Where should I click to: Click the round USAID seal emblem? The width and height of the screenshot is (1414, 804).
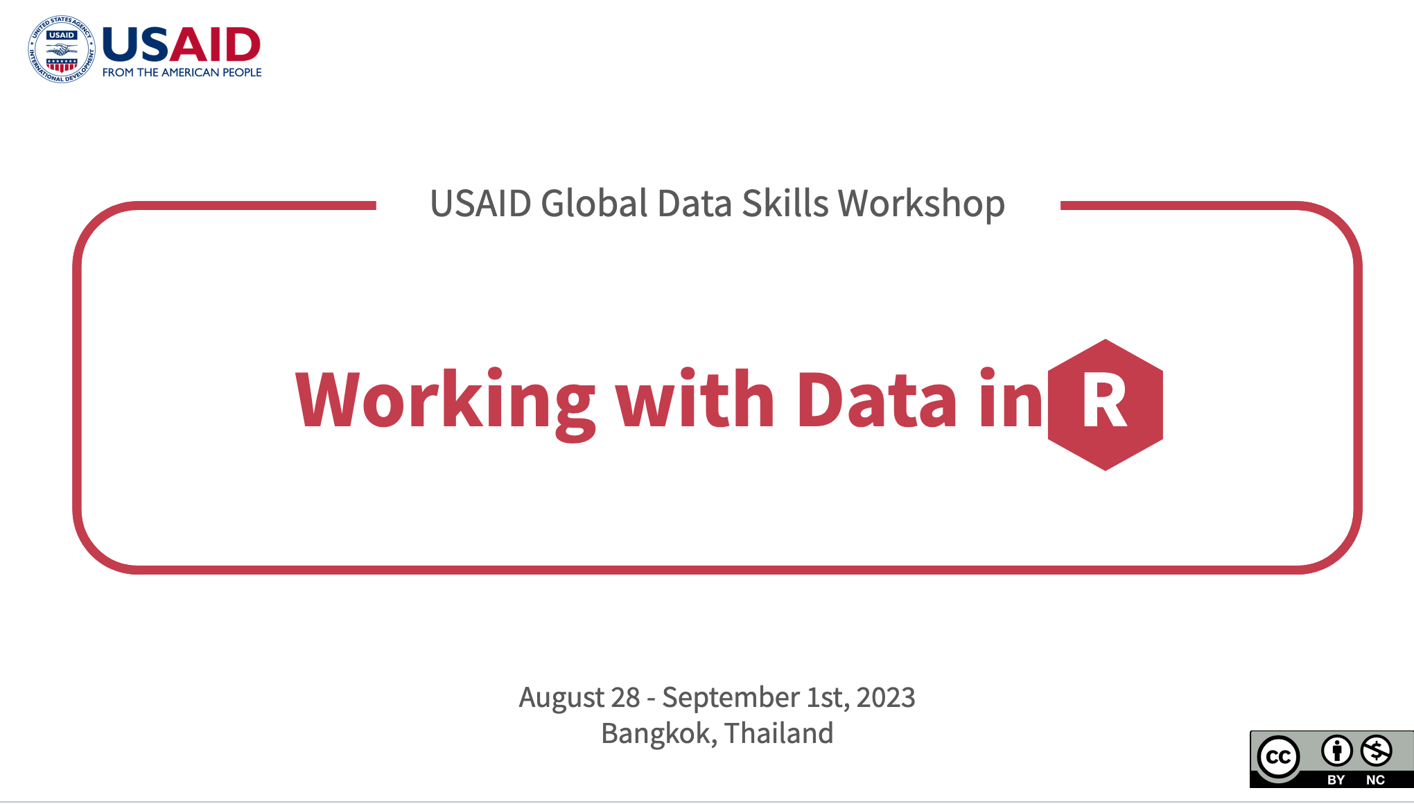click(x=62, y=49)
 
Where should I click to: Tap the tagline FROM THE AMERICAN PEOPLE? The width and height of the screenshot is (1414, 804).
click(x=182, y=72)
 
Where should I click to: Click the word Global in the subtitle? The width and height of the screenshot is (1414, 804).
click(x=593, y=203)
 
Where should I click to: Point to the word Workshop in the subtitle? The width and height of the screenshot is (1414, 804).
click(x=921, y=204)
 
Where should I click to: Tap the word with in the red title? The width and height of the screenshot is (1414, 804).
click(x=695, y=398)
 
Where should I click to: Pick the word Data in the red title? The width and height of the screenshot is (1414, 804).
click(x=877, y=399)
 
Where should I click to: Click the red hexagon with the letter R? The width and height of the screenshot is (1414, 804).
click(x=1106, y=405)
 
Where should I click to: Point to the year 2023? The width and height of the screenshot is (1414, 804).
click(x=886, y=697)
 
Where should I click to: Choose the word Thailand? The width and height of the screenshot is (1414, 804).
click(x=779, y=733)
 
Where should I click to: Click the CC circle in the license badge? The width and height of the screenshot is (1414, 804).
click(x=1279, y=757)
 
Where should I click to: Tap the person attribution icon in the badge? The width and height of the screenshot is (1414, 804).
click(x=1336, y=750)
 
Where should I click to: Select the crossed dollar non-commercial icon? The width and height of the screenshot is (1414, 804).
click(x=1376, y=750)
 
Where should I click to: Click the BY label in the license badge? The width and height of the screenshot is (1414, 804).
click(x=1336, y=780)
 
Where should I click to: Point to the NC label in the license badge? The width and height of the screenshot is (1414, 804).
click(x=1376, y=780)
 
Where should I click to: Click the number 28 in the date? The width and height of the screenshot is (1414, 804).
click(x=625, y=697)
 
